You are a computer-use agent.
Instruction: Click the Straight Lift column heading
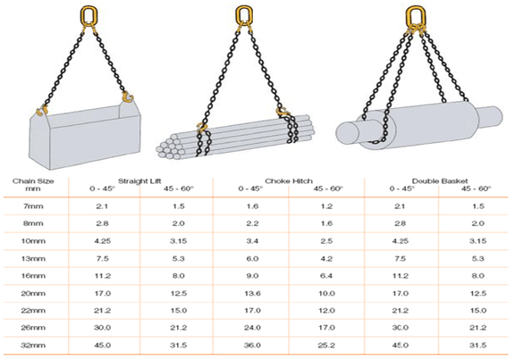pos(140,180)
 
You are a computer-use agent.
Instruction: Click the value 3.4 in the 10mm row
pos(251,242)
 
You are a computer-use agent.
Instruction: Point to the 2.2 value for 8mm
pos(251,224)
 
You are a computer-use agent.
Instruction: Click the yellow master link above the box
pos(89,15)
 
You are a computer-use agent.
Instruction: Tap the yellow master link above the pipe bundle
pos(243,15)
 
